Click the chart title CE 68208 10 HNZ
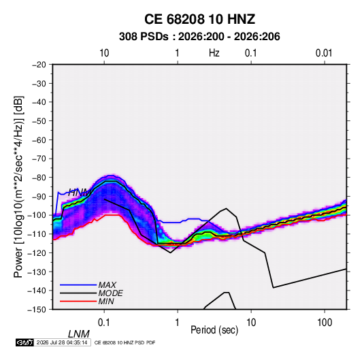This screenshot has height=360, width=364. [199, 19]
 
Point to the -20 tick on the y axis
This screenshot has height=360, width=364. [39, 65]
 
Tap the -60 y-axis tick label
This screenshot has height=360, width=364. [39, 140]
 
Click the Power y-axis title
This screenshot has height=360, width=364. [18, 187]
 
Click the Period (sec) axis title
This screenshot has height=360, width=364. [214, 330]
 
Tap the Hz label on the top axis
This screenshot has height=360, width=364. [214, 53]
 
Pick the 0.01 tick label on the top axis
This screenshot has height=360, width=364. [324, 53]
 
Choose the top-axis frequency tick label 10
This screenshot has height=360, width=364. [104, 53]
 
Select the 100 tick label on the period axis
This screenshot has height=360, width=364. [325, 323]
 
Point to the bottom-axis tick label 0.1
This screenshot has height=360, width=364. [103, 323]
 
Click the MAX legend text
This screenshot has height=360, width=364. [107, 285]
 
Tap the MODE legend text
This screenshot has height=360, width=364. [110, 293]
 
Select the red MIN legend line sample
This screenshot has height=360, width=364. [78, 301]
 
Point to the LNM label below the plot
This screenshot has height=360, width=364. [79, 334]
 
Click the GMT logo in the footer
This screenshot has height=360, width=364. [25, 342]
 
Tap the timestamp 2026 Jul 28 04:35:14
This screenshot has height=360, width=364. [62, 342]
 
